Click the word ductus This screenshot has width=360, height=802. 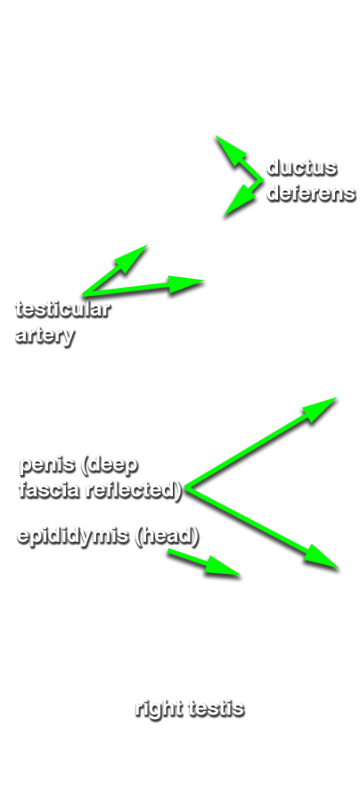[x=302, y=168]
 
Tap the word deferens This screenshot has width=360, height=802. [x=311, y=193]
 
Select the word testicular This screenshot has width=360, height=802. [x=63, y=309]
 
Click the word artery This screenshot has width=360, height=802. [x=45, y=336]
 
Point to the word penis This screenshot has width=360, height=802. [x=47, y=465]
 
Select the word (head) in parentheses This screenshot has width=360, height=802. [x=167, y=536]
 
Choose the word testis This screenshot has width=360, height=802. [x=217, y=709]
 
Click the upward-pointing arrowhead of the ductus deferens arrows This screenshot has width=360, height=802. [x=230, y=150]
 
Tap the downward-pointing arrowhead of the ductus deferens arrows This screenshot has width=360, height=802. [x=240, y=201]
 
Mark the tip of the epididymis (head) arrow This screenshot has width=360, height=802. [x=240, y=576]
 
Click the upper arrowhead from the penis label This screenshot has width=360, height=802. [x=320, y=409]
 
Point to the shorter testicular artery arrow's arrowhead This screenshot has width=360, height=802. [x=133, y=257]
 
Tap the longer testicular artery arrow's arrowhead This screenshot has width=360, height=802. [x=186, y=283]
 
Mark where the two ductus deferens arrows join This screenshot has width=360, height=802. [x=261, y=180]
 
